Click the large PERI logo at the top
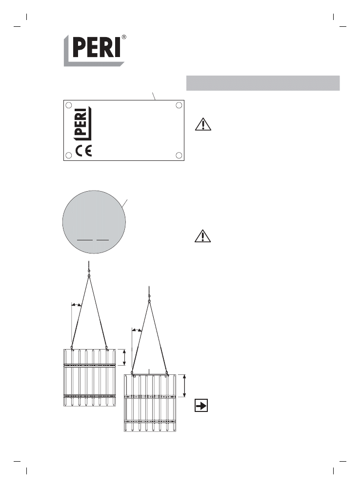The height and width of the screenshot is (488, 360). click(x=94, y=50)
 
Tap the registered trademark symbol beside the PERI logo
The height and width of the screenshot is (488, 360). click(x=123, y=37)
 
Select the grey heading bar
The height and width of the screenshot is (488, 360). click(x=263, y=83)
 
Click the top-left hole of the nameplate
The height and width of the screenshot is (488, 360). click(x=69, y=105)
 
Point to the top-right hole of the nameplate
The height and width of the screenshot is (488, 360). click(x=179, y=105)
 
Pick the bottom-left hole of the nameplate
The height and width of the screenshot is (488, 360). click(x=69, y=155)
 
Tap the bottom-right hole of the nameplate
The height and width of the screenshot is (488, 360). click(x=179, y=155)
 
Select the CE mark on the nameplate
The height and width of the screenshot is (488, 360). click(x=84, y=151)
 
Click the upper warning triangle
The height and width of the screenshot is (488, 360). click(x=203, y=124)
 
